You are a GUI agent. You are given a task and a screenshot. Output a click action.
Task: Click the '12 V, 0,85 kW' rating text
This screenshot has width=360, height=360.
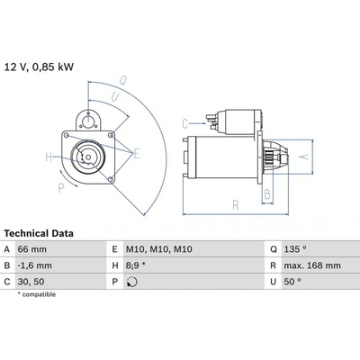pyautogui.click(x=39, y=67)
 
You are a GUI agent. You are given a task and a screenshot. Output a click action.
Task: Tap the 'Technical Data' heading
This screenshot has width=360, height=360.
pyautogui.click(x=39, y=233)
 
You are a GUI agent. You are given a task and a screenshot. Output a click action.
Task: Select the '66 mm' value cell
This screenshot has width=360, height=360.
pyautogui.click(x=32, y=249)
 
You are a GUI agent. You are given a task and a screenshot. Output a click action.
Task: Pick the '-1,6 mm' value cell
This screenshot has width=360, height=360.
pyautogui.click(x=35, y=265)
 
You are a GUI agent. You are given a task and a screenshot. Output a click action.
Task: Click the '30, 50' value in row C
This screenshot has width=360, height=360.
pyautogui.click(x=31, y=282)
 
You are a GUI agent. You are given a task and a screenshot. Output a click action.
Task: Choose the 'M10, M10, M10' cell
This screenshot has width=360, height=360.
pyautogui.click(x=159, y=249)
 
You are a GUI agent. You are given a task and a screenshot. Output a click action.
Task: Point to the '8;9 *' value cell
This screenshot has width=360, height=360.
pyautogui.click(x=135, y=265)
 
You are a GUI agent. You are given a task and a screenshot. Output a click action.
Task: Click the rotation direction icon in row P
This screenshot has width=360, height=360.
pyautogui.click(x=132, y=282)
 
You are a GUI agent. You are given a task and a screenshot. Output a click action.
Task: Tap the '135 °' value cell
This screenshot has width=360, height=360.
pyautogui.click(x=295, y=249)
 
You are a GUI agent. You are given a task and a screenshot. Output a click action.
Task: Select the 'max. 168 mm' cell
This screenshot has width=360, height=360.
pyautogui.click(x=312, y=265)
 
